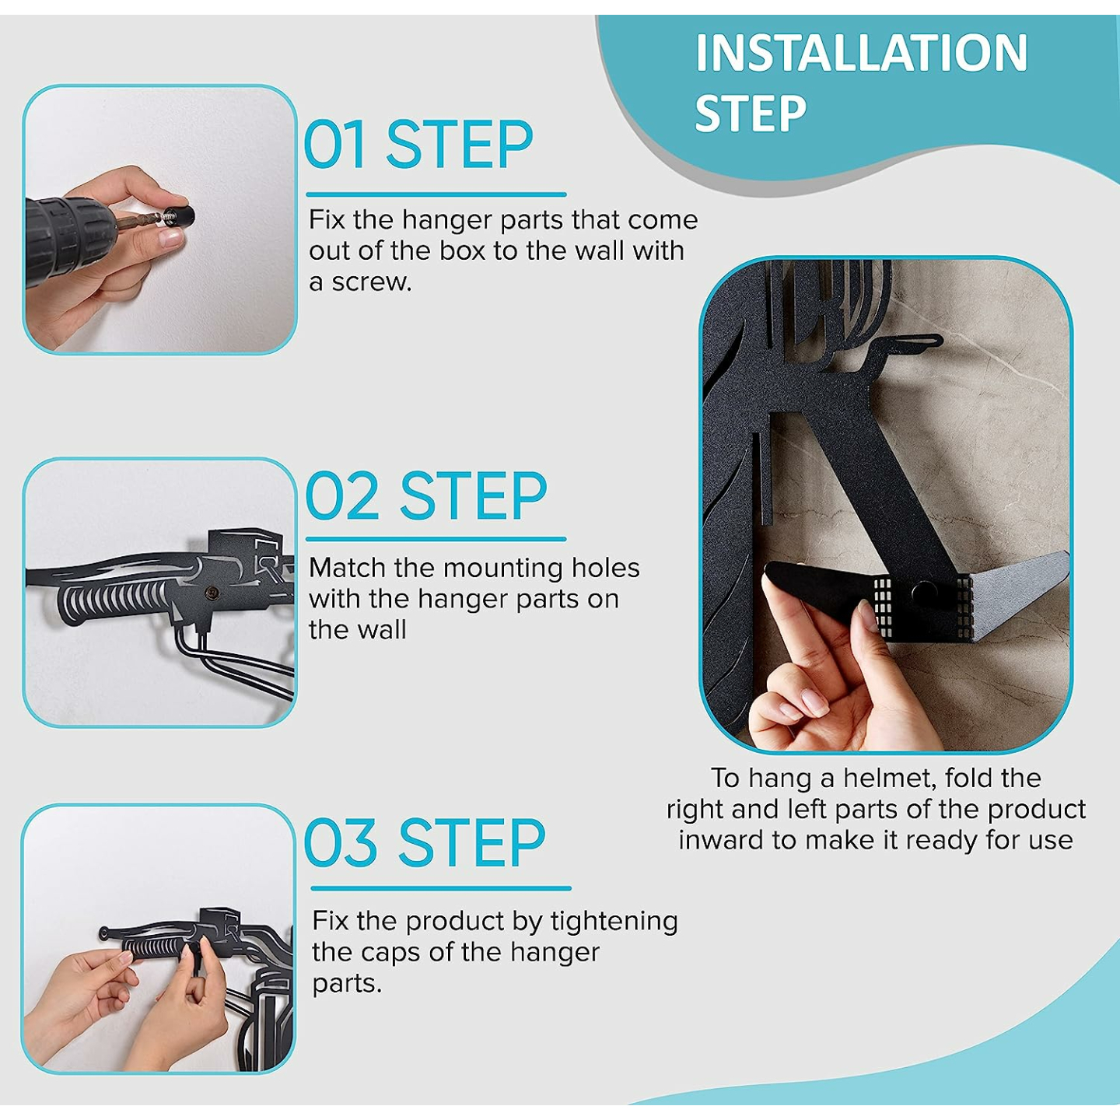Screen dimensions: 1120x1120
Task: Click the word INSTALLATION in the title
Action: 861,53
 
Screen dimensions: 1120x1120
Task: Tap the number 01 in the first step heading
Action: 334,145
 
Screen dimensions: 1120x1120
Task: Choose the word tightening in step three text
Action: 614,921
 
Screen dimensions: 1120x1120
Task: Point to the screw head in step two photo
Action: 210,593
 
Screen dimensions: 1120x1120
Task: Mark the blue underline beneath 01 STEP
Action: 436,194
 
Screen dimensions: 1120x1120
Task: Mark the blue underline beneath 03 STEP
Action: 440,887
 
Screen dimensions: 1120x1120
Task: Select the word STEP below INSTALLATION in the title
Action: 750,114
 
